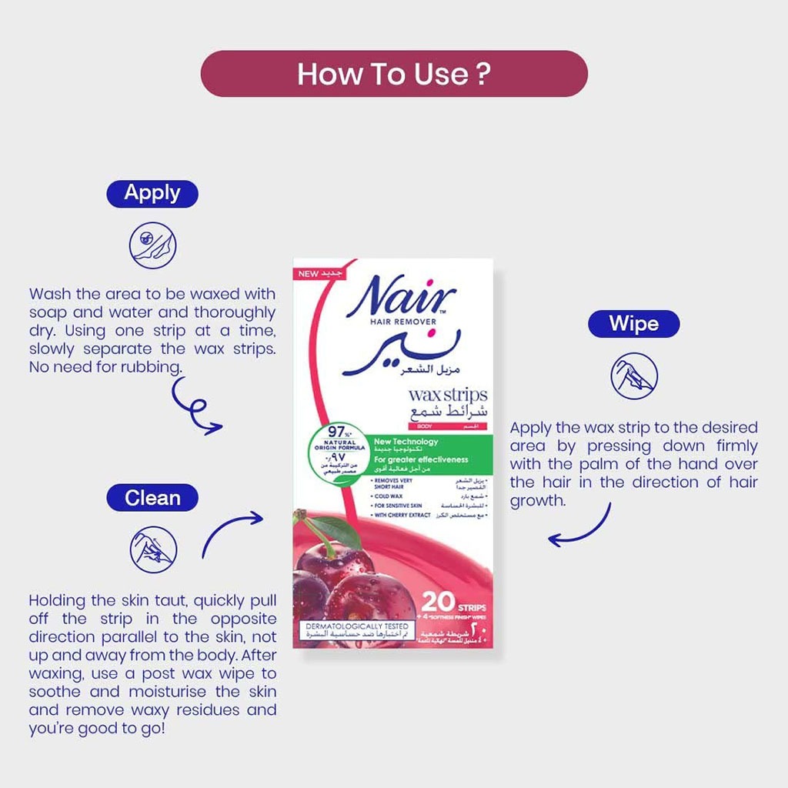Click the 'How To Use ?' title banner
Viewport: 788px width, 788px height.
pos(394,74)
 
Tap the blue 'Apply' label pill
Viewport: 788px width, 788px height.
pos(152,193)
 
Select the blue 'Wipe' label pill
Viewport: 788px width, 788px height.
pos(633,323)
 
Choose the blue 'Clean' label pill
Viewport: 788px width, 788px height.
pos(152,498)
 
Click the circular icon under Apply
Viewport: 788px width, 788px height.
pos(152,245)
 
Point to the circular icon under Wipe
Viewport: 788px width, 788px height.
pos(633,376)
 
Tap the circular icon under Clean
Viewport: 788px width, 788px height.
pos(152,549)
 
